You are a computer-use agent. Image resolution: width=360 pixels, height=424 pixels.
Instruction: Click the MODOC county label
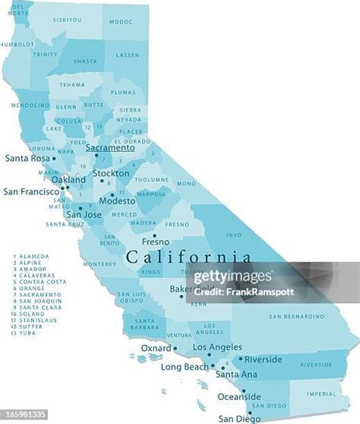click(120, 22)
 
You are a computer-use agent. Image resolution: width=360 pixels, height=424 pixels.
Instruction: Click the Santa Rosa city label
click(28, 159)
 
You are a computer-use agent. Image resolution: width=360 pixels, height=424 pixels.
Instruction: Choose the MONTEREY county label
click(100, 264)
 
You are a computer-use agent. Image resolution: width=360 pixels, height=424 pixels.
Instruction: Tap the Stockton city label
click(110, 173)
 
